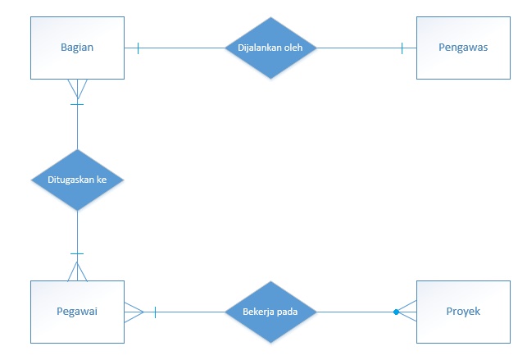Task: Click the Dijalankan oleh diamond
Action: [270, 48]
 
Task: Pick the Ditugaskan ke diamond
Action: [77, 180]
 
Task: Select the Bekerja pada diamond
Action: [270, 312]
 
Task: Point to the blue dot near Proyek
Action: [396, 312]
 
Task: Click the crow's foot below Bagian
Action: [77, 88]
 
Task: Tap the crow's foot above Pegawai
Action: [77, 271]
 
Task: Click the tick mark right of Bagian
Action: [138, 48]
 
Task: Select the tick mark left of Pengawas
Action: [402, 48]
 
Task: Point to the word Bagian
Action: [77, 48]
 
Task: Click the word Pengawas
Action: [464, 48]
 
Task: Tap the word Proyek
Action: [463, 312]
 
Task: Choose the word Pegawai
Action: [77, 312]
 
